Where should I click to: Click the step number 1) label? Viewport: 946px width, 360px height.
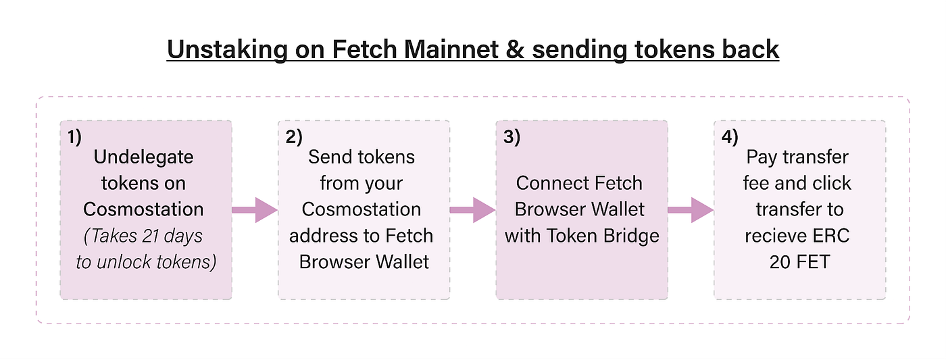(74, 136)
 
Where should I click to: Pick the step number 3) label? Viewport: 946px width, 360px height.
(512, 136)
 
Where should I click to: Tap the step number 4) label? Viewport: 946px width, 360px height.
(730, 136)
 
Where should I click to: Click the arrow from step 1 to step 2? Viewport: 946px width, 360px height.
(255, 210)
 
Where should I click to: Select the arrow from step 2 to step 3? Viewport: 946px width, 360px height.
(472, 210)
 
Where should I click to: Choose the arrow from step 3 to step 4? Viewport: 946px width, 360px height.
(691, 210)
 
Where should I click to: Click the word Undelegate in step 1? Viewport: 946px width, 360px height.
(144, 157)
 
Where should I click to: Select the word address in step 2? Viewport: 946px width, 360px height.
(322, 236)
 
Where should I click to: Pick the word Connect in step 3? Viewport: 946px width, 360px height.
(545, 184)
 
